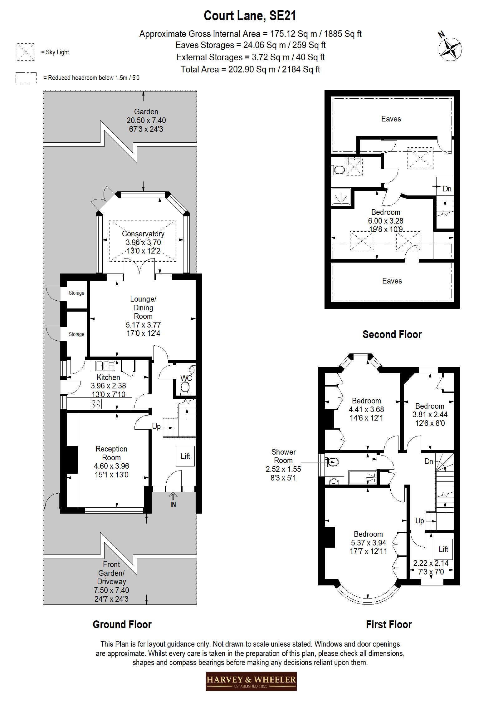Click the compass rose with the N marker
450,49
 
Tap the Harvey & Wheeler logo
251,681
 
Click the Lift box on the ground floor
185,456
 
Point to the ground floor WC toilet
185,388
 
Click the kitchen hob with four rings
96,404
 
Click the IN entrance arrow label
173,505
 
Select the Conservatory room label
143,234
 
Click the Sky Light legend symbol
26,52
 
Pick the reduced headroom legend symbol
26,78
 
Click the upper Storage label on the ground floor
76,293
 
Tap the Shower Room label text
283,456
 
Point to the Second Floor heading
392,335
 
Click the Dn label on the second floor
447,189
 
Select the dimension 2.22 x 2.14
431,563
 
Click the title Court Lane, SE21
250,16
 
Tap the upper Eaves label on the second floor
391,119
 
